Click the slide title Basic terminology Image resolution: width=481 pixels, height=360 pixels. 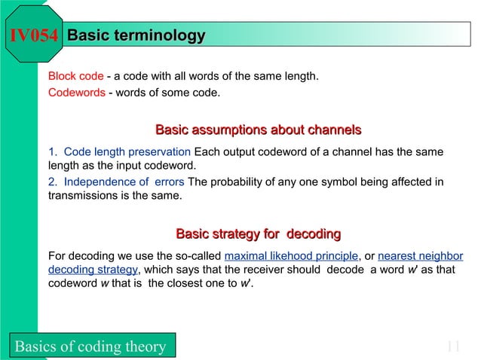136,35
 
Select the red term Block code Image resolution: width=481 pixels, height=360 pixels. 75,77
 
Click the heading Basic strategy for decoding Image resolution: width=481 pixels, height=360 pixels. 258,233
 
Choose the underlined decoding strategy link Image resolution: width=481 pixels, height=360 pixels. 92,270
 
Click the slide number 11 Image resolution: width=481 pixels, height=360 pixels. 452,346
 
